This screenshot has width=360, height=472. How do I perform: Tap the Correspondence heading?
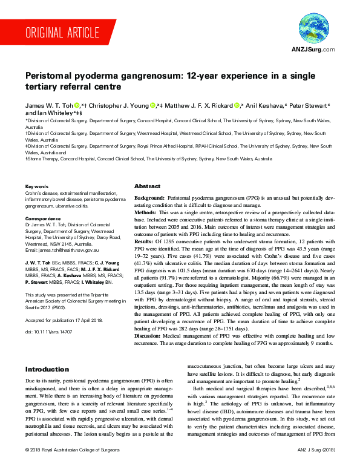click(x=44, y=218)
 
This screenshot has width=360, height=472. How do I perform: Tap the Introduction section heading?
click(x=47, y=369)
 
